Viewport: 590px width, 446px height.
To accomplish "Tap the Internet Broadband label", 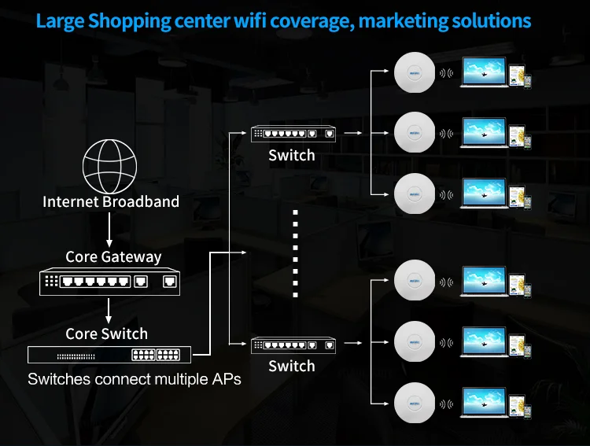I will pos(110,202).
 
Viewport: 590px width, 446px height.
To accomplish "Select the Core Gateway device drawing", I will pos(110,282).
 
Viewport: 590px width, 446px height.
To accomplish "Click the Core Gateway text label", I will pos(113,257).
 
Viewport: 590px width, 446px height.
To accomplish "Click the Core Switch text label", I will pos(106,334).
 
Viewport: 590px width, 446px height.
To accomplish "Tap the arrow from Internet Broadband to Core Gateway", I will pos(110,230).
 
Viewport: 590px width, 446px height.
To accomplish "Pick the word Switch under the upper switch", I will pos(292,156).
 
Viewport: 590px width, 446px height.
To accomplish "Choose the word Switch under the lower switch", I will pos(292,367).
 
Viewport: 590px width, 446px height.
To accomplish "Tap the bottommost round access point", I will pos(414,404).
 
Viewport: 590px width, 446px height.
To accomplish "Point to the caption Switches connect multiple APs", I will pos(134,379).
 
